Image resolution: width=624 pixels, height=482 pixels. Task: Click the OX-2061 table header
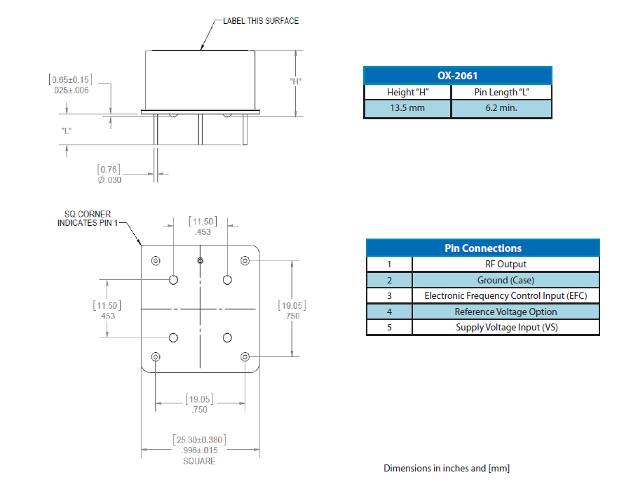(x=457, y=75)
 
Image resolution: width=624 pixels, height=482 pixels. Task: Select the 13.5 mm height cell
(x=407, y=109)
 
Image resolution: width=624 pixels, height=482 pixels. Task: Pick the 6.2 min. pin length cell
(x=501, y=109)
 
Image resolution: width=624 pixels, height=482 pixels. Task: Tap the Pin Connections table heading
(x=483, y=248)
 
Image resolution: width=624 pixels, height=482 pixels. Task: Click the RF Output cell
(x=506, y=265)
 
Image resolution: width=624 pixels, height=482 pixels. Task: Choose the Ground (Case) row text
(x=506, y=280)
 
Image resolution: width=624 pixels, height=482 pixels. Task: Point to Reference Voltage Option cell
(x=506, y=312)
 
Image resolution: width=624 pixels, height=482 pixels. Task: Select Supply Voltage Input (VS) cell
(x=506, y=328)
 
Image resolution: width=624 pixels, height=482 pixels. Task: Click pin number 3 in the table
(x=389, y=296)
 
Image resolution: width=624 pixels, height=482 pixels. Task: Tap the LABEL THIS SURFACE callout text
(x=261, y=21)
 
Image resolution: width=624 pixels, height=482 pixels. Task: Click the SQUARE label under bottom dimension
(x=199, y=462)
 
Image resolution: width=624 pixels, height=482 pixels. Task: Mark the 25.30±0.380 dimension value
(x=199, y=441)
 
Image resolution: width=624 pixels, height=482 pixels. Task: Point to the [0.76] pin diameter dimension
(x=109, y=169)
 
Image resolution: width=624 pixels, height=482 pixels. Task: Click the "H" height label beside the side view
(x=295, y=81)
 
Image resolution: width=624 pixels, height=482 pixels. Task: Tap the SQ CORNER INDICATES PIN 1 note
(x=84, y=219)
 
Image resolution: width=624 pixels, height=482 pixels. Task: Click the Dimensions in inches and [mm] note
(x=446, y=468)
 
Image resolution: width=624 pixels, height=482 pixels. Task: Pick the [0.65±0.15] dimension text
(x=70, y=80)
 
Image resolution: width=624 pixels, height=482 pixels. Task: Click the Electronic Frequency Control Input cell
(x=506, y=296)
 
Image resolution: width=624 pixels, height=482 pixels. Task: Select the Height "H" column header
(x=407, y=92)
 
